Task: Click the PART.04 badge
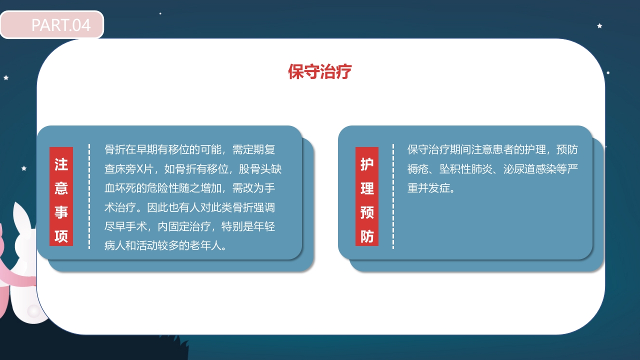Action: (x=52, y=24)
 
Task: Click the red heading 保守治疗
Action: (x=319, y=71)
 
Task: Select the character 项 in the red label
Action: (x=61, y=236)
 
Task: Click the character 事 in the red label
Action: (x=61, y=212)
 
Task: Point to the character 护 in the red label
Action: (x=367, y=164)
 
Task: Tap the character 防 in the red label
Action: (x=367, y=236)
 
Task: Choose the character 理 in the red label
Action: (x=367, y=188)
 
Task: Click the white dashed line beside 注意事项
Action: (x=89, y=196)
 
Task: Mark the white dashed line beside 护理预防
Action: (x=393, y=196)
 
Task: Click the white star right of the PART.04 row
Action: (x=599, y=25)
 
